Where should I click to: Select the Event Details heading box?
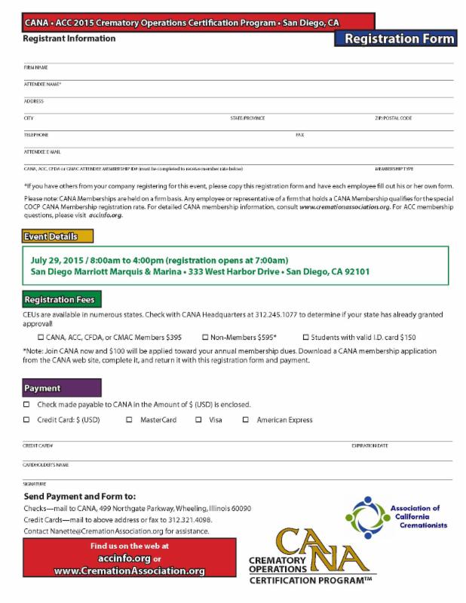click(x=58, y=236)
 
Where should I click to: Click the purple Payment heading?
click(x=61, y=388)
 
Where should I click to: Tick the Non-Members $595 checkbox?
click(x=205, y=338)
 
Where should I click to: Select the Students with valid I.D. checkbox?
click(x=306, y=338)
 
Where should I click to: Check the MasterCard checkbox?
click(x=129, y=420)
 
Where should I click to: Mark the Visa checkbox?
click(x=198, y=420)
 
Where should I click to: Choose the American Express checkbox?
click(x=246, y=420)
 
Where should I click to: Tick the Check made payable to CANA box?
click(x=27, y=405)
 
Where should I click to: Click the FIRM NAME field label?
click(x=36, y=67)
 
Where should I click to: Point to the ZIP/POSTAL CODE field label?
click(x=393, y=118)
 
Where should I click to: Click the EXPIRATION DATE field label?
click(x=369, y=445)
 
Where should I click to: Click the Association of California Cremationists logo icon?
click(x=367, y=514)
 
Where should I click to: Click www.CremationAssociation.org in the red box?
click(x=129, y=571)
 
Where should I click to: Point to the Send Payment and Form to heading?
click(x=80, y=497)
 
